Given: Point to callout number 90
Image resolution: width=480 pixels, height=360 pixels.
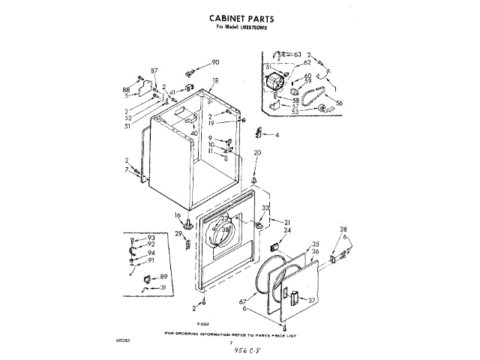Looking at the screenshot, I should (215, 62).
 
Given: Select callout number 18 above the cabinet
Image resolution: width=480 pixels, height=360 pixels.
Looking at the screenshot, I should (215, 80).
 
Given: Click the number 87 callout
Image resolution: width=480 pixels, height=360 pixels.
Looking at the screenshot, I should (154, 70).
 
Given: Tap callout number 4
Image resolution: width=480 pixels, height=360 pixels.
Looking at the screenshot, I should (277, 135).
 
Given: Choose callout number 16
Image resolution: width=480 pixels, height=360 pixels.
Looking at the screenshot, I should (178, 215).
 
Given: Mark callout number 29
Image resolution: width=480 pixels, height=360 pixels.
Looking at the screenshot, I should (178, 235).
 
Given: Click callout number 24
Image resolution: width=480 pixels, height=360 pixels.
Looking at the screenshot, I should (286, 232).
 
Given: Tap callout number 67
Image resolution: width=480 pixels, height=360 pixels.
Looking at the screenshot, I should (244, 302).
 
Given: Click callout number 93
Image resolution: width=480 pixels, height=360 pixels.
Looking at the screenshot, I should (151, 238).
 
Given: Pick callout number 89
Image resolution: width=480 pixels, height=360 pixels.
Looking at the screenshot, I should (164, 277).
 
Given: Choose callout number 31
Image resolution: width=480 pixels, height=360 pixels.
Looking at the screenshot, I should (164, 287).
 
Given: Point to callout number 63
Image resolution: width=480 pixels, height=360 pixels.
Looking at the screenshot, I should (297, 55).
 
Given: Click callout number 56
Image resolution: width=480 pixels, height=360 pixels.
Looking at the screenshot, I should (339, 103).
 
